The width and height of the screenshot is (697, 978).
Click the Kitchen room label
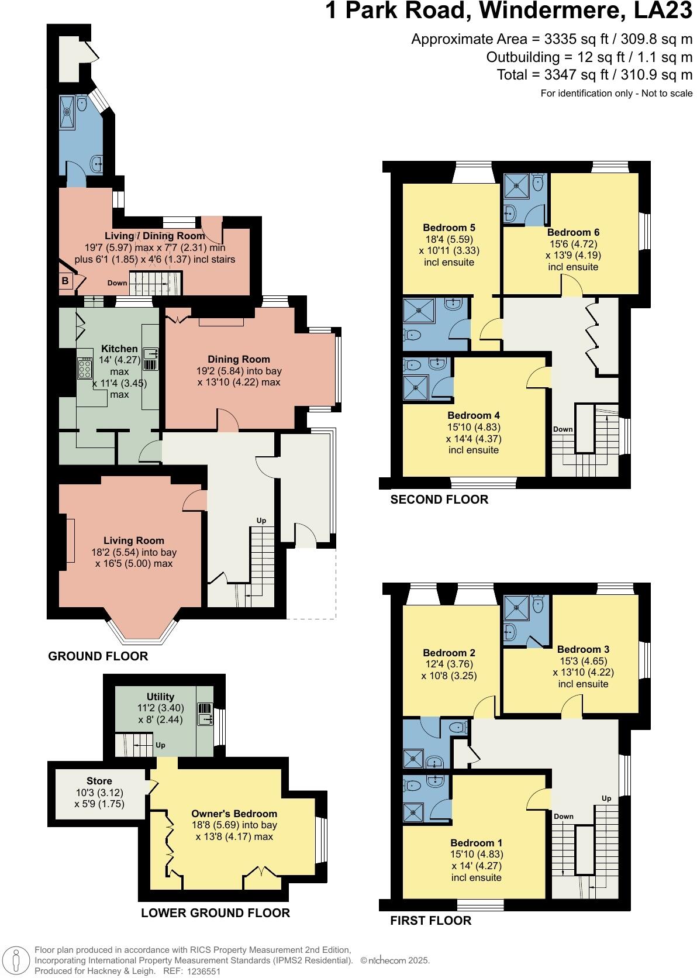pyautogui.click(x=120, y=349)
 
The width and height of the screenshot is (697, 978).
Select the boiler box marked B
pyautogui.click(x=65, y=281)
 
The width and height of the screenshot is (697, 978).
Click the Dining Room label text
pyautogui.click(x=239, y=359)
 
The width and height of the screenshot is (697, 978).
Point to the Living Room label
pyautogui.click(x=134, y=540)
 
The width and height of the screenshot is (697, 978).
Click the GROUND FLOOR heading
pyautogui.click(x=98, y=656)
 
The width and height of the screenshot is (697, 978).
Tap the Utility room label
pyautogui.click(x=160, y=697)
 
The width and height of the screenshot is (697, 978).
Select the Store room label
pyautogui.click(x=99, y=781)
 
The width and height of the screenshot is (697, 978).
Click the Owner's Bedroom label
pyautogui.click(x=234, y=814)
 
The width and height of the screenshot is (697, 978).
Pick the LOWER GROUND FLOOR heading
pyautogui.click(x=215, y=913)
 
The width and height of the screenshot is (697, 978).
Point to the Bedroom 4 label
pyautogui.click(x=474, y=416)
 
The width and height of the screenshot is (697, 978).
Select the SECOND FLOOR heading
pyautogui.click(x=439, y=500)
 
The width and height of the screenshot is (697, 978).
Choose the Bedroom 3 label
pyautogui.click(x=583, y=649)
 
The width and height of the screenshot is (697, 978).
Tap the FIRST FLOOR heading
pyautogui.click(x=430, y=921)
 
